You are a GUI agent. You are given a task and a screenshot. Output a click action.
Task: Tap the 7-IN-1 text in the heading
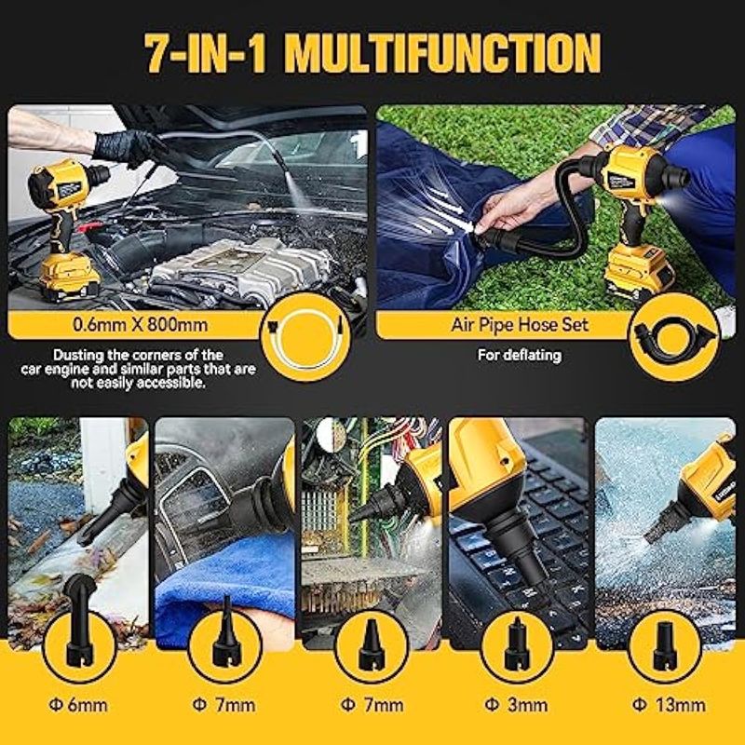tap(205, 53)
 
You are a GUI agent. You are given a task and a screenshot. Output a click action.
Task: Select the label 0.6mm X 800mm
tap(141, 325)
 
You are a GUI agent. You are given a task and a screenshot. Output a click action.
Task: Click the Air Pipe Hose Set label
tap(520, 325)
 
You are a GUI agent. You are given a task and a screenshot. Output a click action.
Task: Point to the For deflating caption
tap(520, 356)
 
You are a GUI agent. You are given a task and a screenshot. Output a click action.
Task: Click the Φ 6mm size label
tap(78, 705)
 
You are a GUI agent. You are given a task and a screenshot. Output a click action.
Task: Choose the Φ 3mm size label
tap(517, 705)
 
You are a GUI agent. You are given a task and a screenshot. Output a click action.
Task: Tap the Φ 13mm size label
tap(669, 705)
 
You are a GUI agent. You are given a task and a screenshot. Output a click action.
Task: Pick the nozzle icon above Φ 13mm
tap(665, 647)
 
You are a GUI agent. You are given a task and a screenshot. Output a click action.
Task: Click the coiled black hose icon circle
tap(674, 337)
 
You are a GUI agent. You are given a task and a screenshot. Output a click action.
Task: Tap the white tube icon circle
tap(305, 337)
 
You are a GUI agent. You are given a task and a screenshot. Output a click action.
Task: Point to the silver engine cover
tap(241, 270)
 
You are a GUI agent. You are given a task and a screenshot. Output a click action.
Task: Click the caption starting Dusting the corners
tap(138, 369)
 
